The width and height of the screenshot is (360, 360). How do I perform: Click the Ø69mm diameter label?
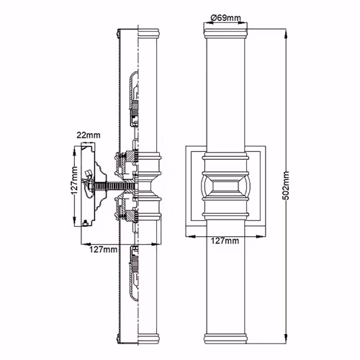coord(225,18)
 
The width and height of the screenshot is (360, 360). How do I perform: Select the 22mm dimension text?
coord(89,135)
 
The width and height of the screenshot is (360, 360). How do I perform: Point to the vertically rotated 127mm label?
coord(75,180)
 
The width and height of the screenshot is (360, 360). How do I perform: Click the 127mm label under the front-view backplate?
coord(225,240)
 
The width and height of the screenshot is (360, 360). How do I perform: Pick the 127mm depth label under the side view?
coord(104,250)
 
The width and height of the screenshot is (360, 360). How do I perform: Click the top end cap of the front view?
coord(225,33)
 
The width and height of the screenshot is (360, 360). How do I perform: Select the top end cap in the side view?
coord(149,34)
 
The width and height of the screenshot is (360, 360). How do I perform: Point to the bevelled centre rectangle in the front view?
coord(225,186)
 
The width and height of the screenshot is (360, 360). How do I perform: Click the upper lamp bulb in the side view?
coord(134,99)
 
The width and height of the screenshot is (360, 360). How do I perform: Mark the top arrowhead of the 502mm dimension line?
coord(286,34)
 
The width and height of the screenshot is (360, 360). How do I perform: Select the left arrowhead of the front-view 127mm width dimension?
coord(191,236)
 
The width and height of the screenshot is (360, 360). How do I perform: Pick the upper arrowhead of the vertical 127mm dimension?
coord(74,151)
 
